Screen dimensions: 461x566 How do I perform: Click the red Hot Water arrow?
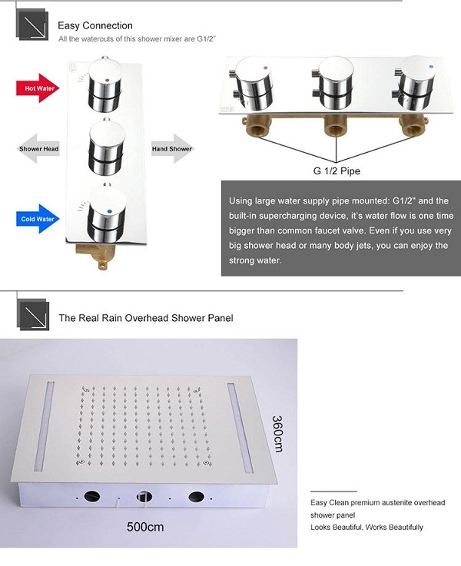click(38, 88)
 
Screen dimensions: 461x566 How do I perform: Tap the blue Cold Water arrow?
click(38, 219)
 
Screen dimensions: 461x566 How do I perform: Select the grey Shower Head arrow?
click(39, 149)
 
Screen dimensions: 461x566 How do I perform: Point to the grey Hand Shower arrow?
click(172, 149)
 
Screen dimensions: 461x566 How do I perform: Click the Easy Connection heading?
click(95, 25)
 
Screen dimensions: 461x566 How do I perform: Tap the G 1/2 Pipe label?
click(337, 171)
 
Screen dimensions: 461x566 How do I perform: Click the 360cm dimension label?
click(277, 434)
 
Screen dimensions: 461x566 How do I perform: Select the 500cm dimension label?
click(145, 527)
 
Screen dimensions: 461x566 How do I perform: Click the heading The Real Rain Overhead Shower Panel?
click(146, 318)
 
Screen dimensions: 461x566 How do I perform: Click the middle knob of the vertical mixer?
click(106, 147)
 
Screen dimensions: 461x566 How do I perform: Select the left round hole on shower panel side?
click(92, 496)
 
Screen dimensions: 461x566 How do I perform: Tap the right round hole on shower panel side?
click(197, 497)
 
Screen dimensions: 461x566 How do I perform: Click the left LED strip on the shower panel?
click(45, 426)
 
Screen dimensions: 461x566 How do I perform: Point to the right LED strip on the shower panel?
click(240, 429)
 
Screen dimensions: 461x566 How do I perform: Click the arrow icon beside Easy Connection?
click(32, 25)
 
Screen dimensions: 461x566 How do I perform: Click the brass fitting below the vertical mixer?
click(98, 255)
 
